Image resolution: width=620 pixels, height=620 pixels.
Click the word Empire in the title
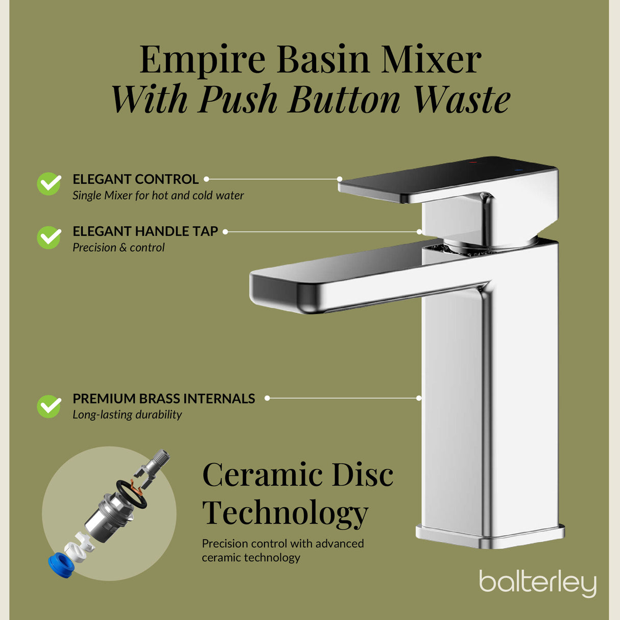click(x=202, y=60)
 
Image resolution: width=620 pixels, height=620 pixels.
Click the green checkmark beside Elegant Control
click(x=49, y=184)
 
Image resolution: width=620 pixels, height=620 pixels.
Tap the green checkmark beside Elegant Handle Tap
click(x=49, y=237)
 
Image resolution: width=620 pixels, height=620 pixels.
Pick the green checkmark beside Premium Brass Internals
click(x=49, y=407)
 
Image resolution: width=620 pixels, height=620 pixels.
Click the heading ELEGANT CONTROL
click(x=135, y=179)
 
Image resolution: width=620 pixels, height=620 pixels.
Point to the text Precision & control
click(x=118, y=247)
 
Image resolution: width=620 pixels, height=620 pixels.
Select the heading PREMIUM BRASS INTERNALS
click(x=164, y=398)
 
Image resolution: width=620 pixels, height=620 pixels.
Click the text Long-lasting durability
click(x=127, y=415)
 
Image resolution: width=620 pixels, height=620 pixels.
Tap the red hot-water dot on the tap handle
click(x=472, y=162)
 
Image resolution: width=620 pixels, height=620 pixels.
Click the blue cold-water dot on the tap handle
click(x=518, y=170)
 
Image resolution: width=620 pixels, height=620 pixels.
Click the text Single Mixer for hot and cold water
click(x=158, y=195)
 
